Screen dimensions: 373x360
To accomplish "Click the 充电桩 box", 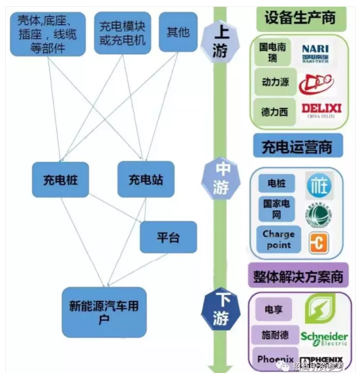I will click(x=60, y=180).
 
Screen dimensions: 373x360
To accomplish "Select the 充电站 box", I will click(x=146, y=180).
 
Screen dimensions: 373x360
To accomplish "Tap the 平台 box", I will click(x=168, y=237).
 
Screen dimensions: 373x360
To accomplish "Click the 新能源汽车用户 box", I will click(x=104, y=312).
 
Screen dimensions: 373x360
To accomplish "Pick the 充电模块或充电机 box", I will click(x=122, y=33).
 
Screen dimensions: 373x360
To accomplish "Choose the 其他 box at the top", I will click(x=178, y=32).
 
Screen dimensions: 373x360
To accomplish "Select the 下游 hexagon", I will click(x=221, y=309).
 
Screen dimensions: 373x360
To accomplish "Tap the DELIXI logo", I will click(x=321, y=110).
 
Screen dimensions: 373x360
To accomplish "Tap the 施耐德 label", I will click(x=276, y=335).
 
